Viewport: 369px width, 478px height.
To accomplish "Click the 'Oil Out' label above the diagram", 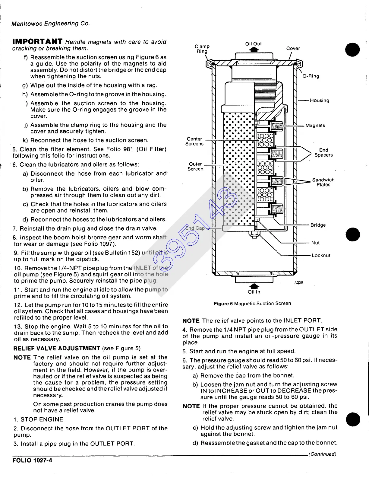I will click(x=254, y=44).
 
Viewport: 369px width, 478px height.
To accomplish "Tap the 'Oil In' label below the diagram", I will click(x=254, y=292).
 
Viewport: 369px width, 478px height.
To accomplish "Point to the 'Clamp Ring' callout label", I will click(x=202, y=49).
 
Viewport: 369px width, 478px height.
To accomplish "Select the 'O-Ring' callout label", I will click(x=311, y=76).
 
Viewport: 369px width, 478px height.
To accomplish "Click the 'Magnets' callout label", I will click(x=315, y=126).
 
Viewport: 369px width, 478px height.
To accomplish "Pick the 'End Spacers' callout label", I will click(x=323, y=152).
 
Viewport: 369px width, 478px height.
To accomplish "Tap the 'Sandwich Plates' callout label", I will click(x=323, y=182).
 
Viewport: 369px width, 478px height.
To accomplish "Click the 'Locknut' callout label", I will click(x=321, y=255).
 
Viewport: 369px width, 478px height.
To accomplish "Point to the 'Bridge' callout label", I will click(x=318, y=225).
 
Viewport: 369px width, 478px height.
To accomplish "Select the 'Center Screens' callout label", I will click(x=194, y=141).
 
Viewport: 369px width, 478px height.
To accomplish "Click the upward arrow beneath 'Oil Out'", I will click(x=254, y=50).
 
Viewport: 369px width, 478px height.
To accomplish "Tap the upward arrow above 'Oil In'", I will click(x=254, y=286).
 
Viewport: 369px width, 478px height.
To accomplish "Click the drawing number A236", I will click(x=298, y=282).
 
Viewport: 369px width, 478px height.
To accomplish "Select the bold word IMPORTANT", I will click(x=37, y=41).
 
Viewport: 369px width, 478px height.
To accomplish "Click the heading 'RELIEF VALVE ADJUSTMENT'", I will click(x=57, y=348).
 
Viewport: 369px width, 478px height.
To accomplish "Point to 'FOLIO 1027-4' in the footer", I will click(x=32, y=460).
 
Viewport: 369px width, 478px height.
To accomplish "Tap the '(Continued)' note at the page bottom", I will click(x=322, y=454).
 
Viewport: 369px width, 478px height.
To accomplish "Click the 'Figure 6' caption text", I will click(x=223, y=303).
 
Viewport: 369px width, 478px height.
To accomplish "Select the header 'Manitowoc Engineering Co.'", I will click(x=50, y=23).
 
